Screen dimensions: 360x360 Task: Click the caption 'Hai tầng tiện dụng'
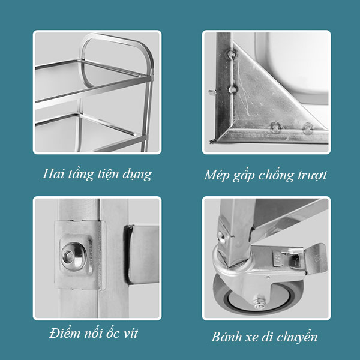(97, 175)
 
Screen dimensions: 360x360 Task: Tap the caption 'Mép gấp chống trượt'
(265, 175)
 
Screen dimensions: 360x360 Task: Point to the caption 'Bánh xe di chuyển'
(264, 337)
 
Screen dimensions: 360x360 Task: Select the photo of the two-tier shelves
(97, 92)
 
